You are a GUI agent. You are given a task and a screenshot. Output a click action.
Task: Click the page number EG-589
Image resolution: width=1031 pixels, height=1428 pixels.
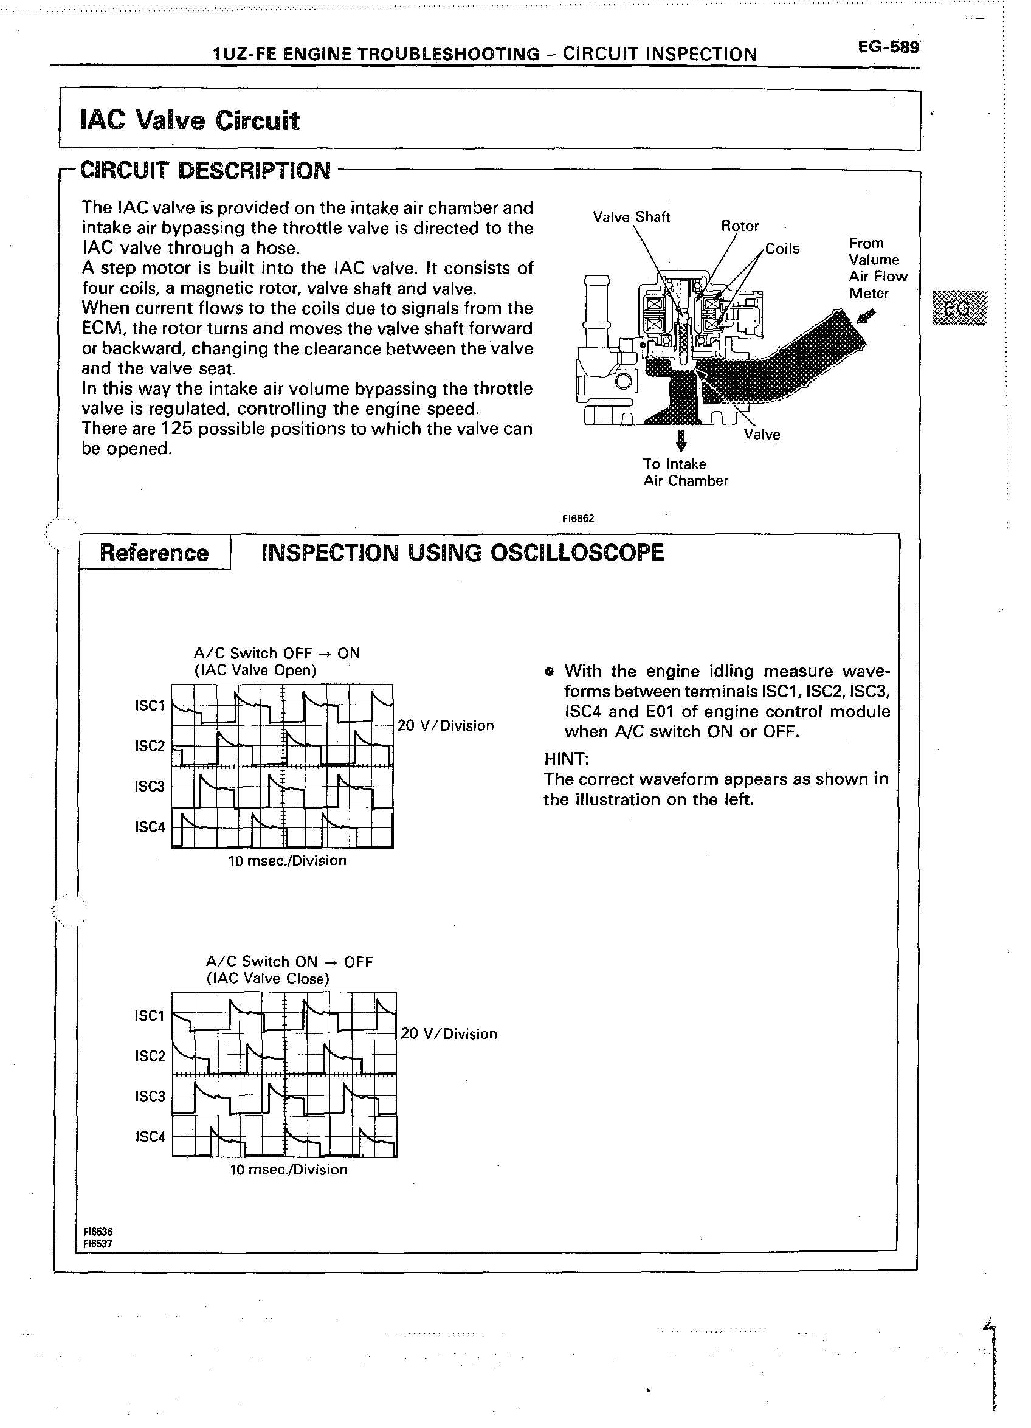tap(888, 47)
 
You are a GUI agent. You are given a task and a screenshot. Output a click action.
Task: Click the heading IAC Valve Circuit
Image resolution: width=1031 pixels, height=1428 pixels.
tap(190, 120)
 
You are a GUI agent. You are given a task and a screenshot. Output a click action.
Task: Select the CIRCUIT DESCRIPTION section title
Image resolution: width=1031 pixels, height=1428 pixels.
tap(205, 171)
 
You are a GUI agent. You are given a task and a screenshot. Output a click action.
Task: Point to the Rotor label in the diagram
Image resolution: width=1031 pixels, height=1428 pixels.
tap(740, 226)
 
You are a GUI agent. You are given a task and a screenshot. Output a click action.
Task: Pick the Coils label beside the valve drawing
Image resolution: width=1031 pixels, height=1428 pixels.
tap(782, 249)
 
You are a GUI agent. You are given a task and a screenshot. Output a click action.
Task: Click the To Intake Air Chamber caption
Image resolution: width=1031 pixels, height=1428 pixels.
tap(685, 472)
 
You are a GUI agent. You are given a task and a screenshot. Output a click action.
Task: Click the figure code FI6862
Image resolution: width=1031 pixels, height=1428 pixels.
tap(579, 519)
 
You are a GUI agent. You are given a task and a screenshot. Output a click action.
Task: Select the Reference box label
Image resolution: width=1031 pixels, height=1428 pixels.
tap(154, 553)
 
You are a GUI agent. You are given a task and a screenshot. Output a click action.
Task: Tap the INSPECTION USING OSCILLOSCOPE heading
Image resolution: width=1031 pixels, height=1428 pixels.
tap(462, 553)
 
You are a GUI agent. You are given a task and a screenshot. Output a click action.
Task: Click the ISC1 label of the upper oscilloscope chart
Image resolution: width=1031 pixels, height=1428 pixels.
tap(149, 706)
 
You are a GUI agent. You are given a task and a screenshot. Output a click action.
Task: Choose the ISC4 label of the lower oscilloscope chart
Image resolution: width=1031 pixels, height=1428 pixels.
tap(150, 1137)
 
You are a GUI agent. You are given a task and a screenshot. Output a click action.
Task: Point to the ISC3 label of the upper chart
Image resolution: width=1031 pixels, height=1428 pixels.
tap(149, 787)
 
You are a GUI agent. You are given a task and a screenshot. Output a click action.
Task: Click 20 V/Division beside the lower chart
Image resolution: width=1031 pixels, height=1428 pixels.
tap(449, 1034)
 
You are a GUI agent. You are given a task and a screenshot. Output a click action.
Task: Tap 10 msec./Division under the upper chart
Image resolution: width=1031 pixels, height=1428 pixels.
tap(287, 861)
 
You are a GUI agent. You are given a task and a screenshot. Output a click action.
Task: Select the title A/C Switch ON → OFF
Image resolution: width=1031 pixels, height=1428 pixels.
tap(289, 962)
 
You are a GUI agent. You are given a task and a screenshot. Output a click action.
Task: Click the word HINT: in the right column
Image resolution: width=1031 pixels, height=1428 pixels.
tap(566, 759)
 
